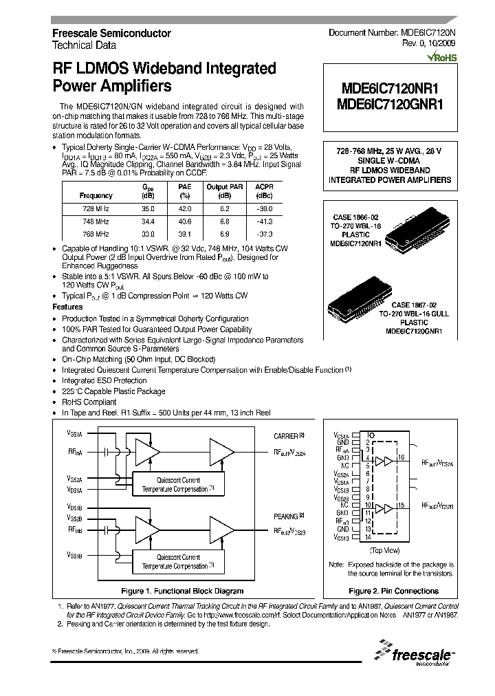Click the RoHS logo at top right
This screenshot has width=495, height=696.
tap(440, 59)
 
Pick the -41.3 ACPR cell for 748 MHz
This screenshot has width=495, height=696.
tap(264, 221)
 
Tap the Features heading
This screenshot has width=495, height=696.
tap(68, 307)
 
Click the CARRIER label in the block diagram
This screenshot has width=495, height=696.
tap(286, 436)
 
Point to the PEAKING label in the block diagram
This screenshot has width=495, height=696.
tap(286, 516)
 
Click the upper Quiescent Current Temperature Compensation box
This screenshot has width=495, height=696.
tap(178, 483)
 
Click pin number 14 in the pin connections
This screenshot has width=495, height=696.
tap(368, 536)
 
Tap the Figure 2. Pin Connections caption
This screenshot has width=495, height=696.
tap(393, 591)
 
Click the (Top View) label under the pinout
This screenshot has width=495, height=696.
tap(385, 551)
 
